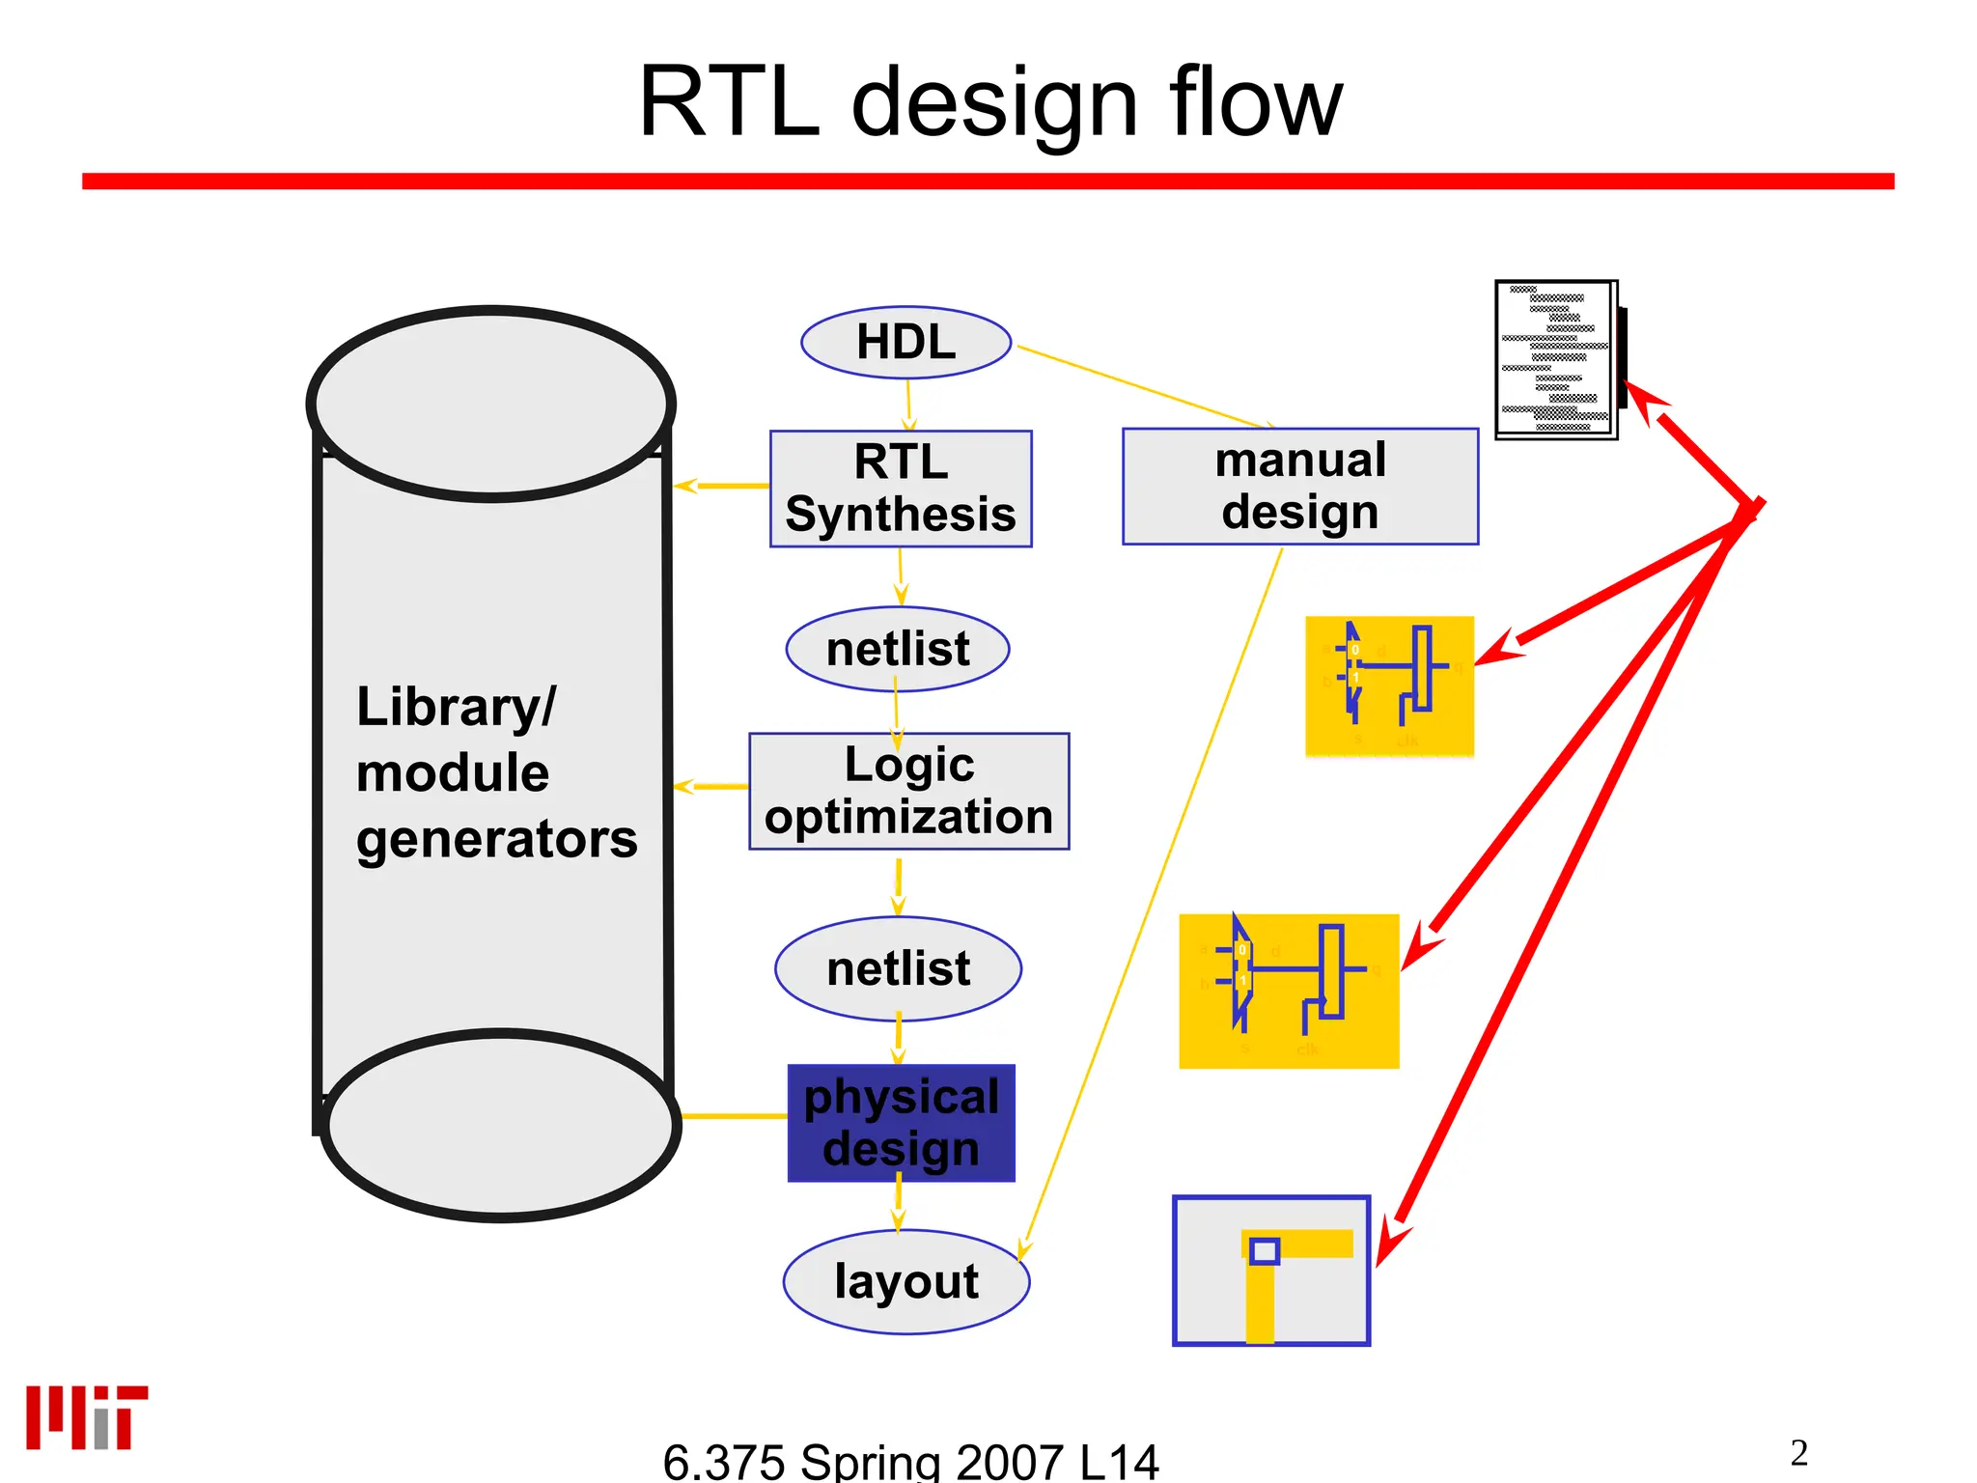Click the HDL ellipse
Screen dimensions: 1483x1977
[905, 343]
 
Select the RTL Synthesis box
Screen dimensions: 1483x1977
[901, 489]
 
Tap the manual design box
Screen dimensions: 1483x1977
[1299, 487]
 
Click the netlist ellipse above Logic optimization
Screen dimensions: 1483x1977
[898, 649]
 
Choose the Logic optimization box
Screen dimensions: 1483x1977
[908, 791]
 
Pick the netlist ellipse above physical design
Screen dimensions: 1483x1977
[898, 968]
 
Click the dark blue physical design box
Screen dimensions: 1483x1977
[901, 1123]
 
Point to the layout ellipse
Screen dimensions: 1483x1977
[905, 1282]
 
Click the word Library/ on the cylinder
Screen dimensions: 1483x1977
[456, 707]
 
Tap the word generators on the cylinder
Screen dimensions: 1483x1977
[496, 838]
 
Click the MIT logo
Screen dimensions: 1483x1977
[86, 1417]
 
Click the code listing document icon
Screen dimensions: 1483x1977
[1556, 360]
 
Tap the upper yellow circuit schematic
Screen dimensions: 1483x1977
[1388, 686]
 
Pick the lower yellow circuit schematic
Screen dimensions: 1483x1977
[1288, 991]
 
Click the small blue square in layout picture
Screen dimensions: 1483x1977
[1264, 1251]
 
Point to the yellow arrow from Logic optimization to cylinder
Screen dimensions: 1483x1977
[710, 787]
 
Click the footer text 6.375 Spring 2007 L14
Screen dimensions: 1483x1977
[910, 1461]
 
